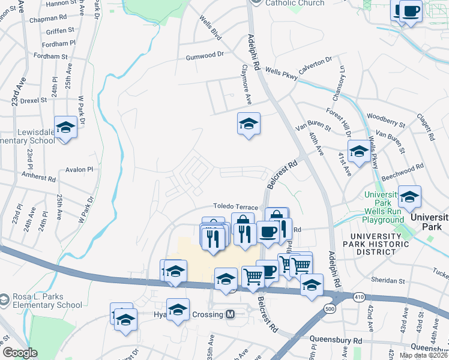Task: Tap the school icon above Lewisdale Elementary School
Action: (66, 128)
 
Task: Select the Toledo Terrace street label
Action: (237, 207)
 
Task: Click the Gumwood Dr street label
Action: (204, 54)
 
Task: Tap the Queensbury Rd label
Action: (336, 340)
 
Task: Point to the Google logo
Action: (20, 353)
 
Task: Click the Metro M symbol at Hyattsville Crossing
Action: (230, 314)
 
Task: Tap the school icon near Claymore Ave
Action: (249, 124)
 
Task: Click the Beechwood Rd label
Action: (403, 171)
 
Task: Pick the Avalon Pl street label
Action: (80, 169)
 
